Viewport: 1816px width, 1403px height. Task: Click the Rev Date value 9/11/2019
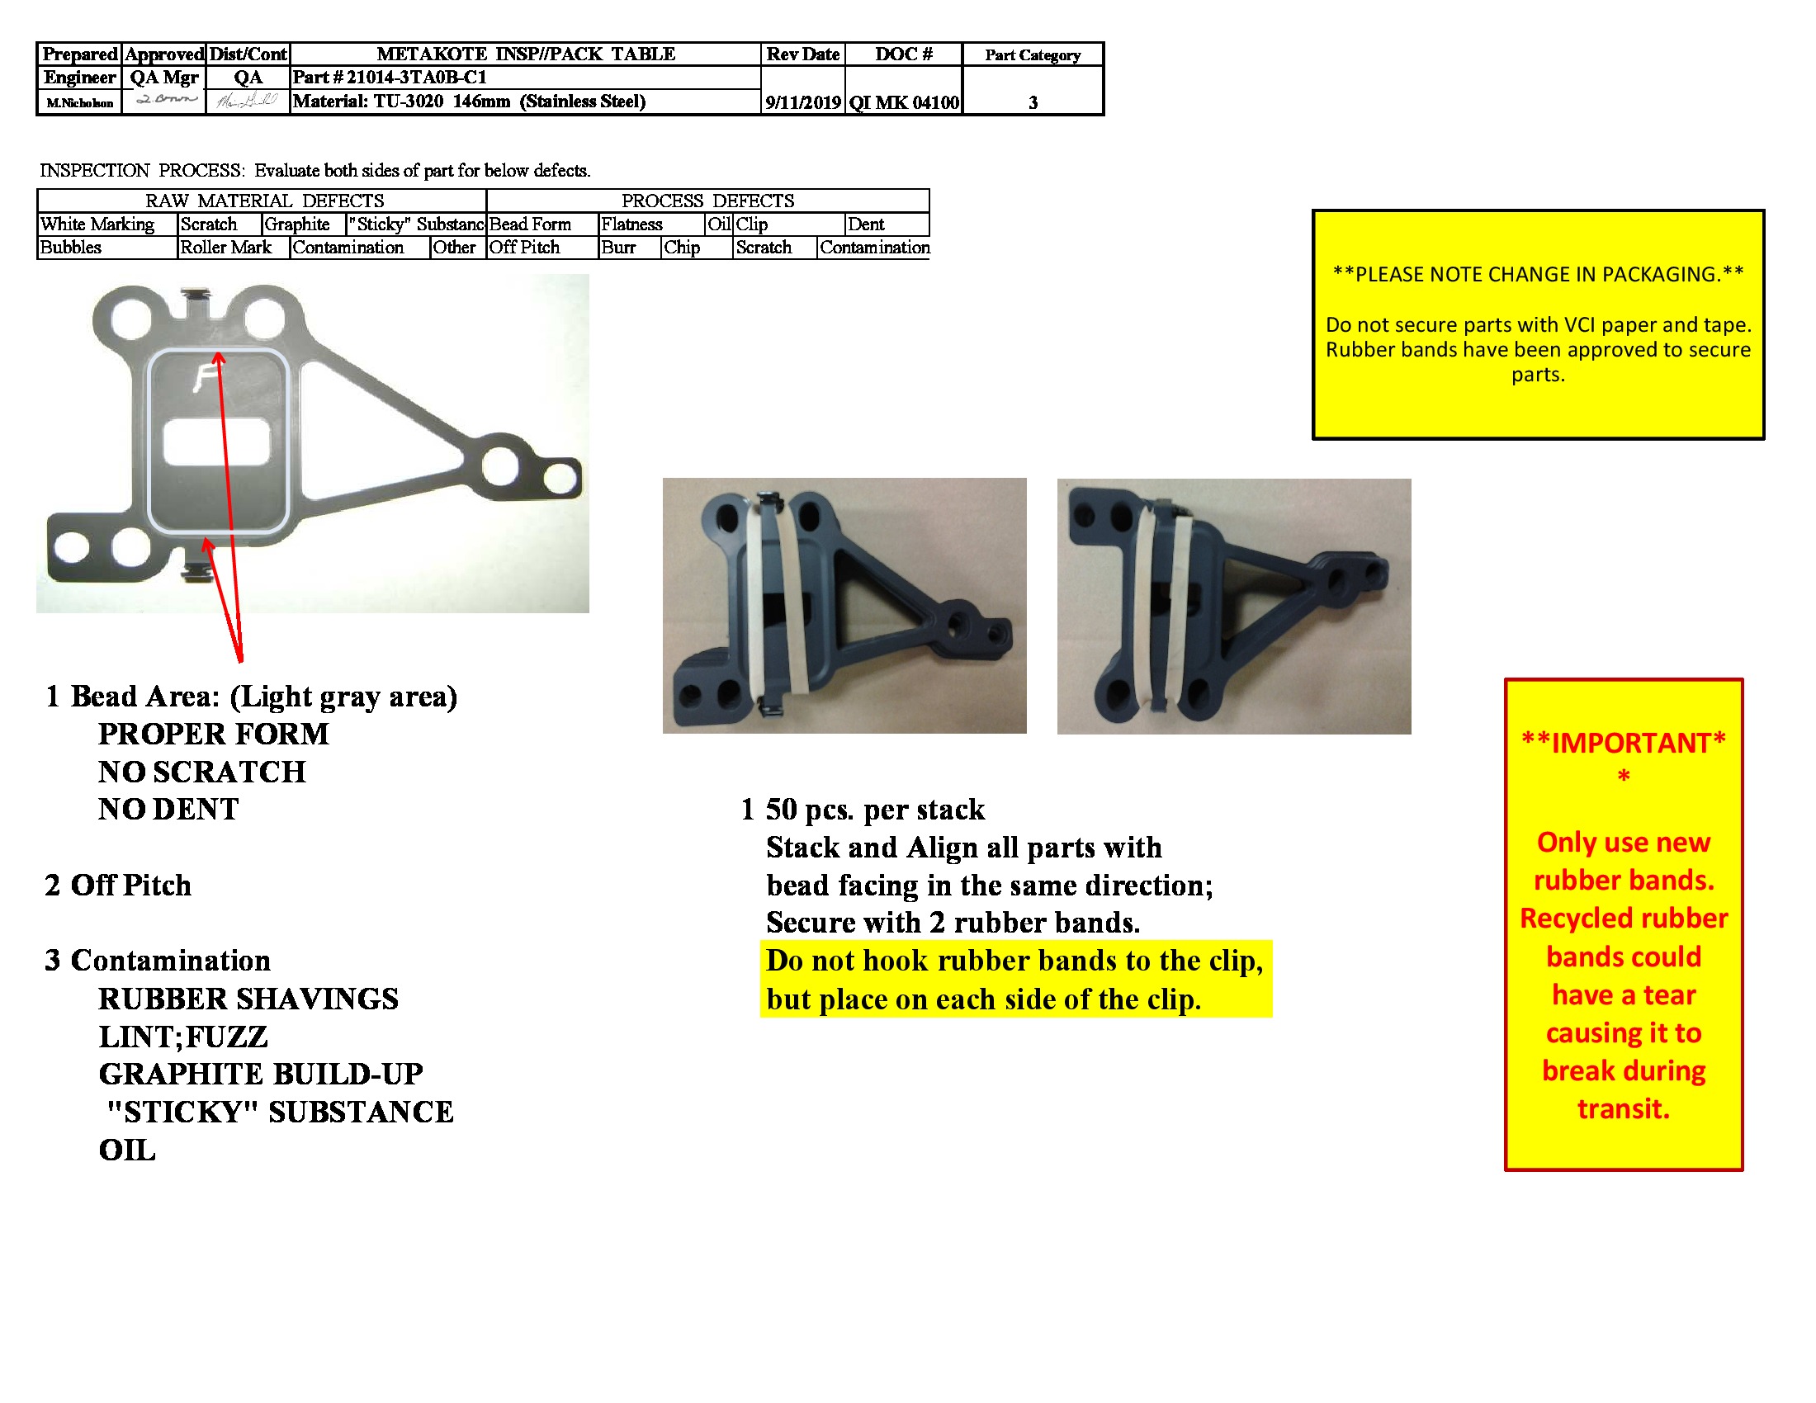pos(802,102)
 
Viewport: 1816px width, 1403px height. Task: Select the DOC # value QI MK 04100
pos(904,102)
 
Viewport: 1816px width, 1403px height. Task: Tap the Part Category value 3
pos(1033,102)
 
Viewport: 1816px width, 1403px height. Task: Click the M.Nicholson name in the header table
pos(80,103)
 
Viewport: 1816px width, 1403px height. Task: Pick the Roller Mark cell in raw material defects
pos(225,248)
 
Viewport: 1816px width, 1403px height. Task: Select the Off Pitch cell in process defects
pos(525,248)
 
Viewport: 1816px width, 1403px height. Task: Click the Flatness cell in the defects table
pos(632,224)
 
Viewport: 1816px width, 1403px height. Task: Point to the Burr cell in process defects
pos(618,248)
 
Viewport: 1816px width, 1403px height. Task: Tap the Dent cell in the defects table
pos(866,224)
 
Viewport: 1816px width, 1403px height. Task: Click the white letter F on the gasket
pos(205,378)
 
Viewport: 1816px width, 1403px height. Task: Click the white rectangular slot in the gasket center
pos(217,442)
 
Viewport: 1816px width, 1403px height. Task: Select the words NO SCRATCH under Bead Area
pos(202,772)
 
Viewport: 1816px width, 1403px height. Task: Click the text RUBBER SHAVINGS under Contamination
pos(248,999)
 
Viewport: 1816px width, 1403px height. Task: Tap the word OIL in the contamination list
pos(127,1150)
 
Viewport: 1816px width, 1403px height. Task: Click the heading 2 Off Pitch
pos(118,886)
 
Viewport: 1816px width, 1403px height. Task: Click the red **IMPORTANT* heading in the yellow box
pos(1623,743)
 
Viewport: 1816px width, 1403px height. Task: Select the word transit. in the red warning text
pos(1623,1108)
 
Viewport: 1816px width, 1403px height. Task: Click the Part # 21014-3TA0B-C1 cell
pos(390,78)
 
